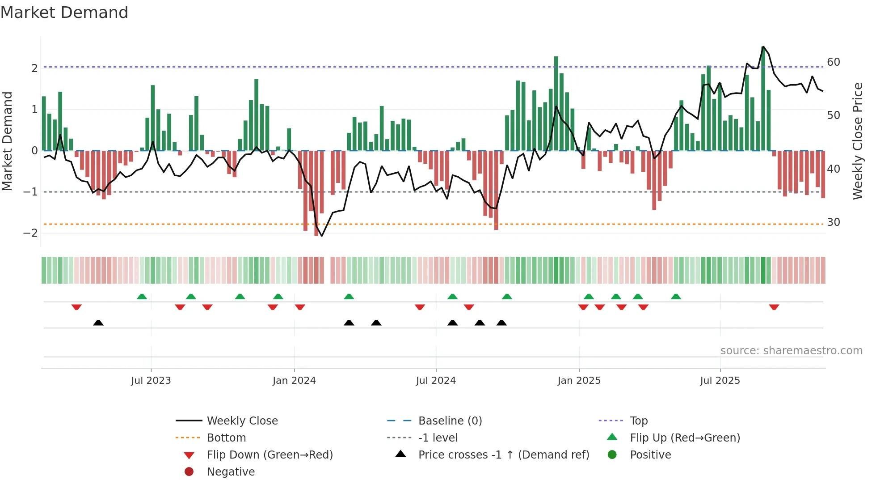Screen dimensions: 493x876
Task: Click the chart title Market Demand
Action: point(64,13)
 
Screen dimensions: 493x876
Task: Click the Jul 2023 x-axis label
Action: point(151,381)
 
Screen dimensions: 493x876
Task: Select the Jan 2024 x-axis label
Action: point(294,381)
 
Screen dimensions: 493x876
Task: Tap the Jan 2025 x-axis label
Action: point(579,381)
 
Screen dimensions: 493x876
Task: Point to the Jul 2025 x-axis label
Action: point(720,381)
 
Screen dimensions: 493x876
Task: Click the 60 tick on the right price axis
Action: point(833,62)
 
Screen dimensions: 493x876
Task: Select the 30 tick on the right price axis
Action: point(833,222)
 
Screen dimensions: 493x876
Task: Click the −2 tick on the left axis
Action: point(30,233)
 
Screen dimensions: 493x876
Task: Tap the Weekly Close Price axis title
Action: point(857,141)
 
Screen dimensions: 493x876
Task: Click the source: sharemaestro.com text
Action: point(791,351)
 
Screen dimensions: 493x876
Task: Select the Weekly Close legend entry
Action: point(242,421)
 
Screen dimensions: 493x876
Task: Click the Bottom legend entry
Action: point(226,438)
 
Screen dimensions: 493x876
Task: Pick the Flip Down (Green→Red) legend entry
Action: point(270,455)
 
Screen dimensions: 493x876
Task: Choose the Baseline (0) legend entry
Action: point(450,421)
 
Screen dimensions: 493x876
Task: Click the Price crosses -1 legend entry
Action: point(503,455)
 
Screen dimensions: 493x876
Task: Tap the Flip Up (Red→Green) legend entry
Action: point(685,438)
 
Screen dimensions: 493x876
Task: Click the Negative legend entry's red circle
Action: point(189,472)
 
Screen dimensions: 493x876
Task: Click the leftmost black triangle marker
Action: point(98,323)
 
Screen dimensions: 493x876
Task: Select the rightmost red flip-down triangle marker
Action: point(774,307)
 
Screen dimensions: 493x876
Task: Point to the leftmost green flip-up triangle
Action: point(142,297)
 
